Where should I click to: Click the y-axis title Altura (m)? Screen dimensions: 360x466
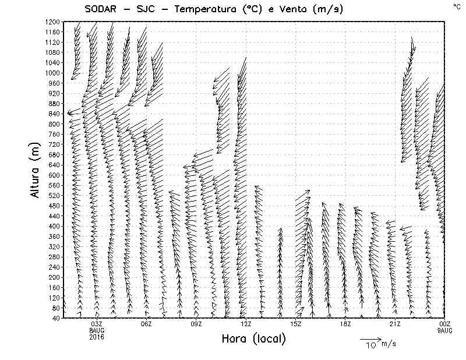pos(36,169)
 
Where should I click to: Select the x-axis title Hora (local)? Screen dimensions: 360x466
pos(253,338)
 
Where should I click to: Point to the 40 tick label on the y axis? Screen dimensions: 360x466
pos(55,318)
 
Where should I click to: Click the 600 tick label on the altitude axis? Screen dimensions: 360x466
pos(53,175)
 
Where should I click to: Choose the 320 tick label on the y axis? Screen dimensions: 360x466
pos(53,246)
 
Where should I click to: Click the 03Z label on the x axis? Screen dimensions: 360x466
pos(97,324)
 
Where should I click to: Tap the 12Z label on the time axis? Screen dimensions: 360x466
pos(246,324)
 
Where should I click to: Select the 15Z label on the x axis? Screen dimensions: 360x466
pos(295,324)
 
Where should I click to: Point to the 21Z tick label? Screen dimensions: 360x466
pos(395,324)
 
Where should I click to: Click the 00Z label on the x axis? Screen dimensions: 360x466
pos(444,324)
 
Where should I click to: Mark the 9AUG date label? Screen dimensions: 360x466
pos(444,330)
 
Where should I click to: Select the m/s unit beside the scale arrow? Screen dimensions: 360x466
pos(388,344)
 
